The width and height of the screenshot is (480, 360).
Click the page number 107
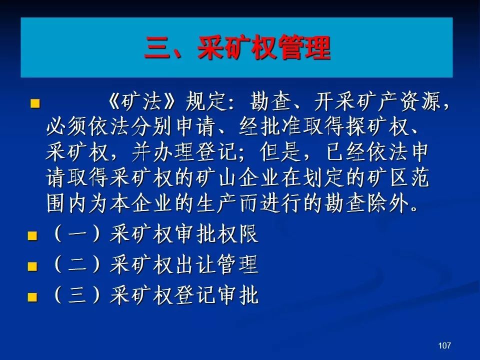click(x=444, y=345)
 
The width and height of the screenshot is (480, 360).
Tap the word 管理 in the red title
click(x=305, y=47)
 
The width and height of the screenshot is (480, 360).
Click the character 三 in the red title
click(x=157, y=47)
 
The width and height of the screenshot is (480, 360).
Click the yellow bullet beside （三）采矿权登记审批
click(x=32, y=297)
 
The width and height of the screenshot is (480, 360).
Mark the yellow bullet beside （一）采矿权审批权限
click(x=32, y=236)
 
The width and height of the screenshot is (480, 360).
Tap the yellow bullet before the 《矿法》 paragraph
click(x=35, y=103)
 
